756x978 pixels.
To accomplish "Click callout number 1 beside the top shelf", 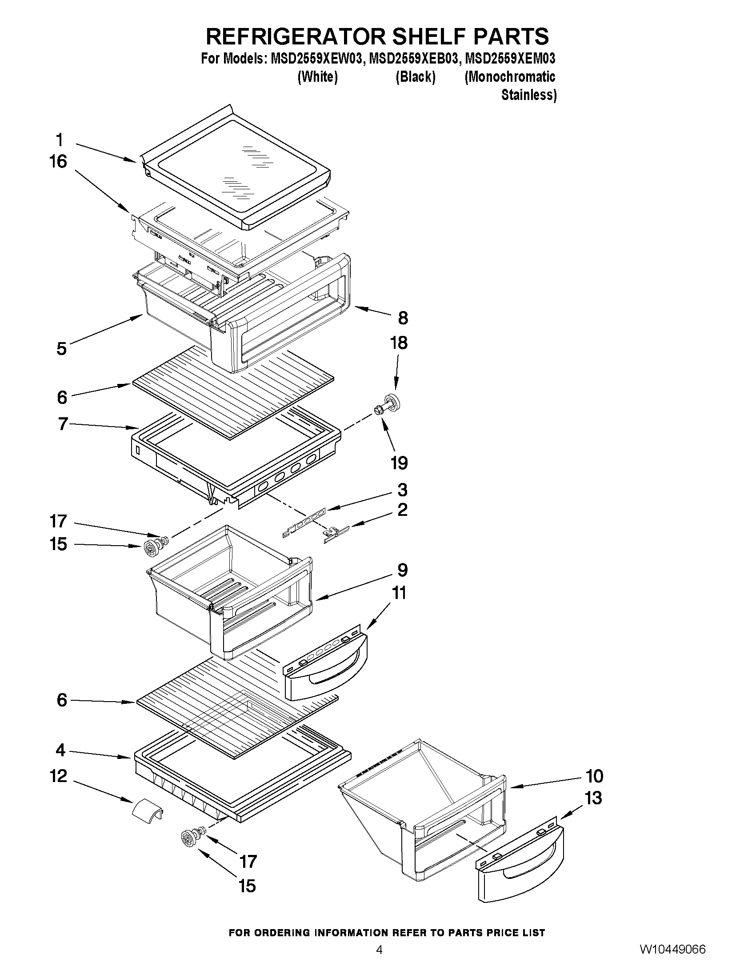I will (x=59, y=140).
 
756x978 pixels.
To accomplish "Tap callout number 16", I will (x=58, y=162).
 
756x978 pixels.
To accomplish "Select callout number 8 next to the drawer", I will (x=403, y=318).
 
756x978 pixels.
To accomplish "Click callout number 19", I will (x=399, y=463).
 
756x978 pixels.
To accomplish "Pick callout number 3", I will (x=402, y=490).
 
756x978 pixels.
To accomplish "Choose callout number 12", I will (x=59, y=775).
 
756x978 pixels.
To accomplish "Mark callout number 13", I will (x=593, y=798).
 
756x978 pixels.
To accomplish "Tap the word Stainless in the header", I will (x=528, y=95).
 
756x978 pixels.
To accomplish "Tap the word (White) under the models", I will (x=317, y=77).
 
